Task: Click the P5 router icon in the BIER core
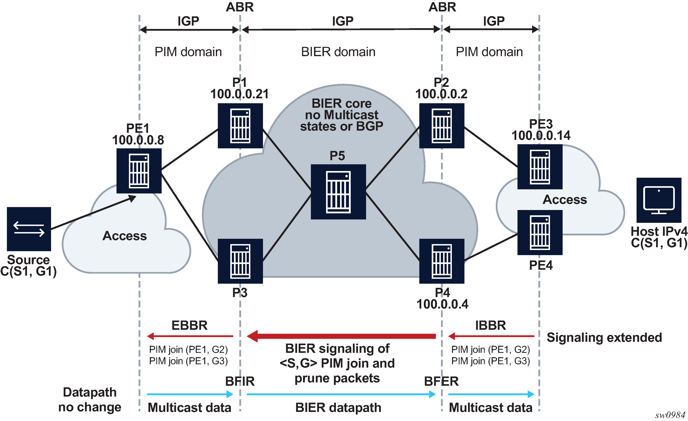pyautogui.click(x=338, y=192)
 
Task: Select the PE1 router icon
pyautogui.click(x=139, y=171)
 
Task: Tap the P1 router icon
pyautogui.click(x=240, y=125)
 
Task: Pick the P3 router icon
pyautogui.click(x=240, y=261)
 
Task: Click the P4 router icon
pyautogui.click(x=442, y=261)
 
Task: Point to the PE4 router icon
pyautogui.click(x=540, y=232)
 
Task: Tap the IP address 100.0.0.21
pyautogui.click(x=239, y=94)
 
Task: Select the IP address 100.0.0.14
pyautogui.click(x=541, y=136)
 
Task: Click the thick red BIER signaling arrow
pyautogui.click(x=341, y=336)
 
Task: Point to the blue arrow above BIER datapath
pyautogui.click(x=341, y=394)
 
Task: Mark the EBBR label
pyautogui.click(x=190, y=325)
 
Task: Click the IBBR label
pyautogui.click(x=491, y=325)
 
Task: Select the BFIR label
pyautogui.click(x=240, y=381)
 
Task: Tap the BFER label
pyautogui.click(x=441, y=381)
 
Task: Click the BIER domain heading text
pyautogui.click(x=338, y=52)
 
